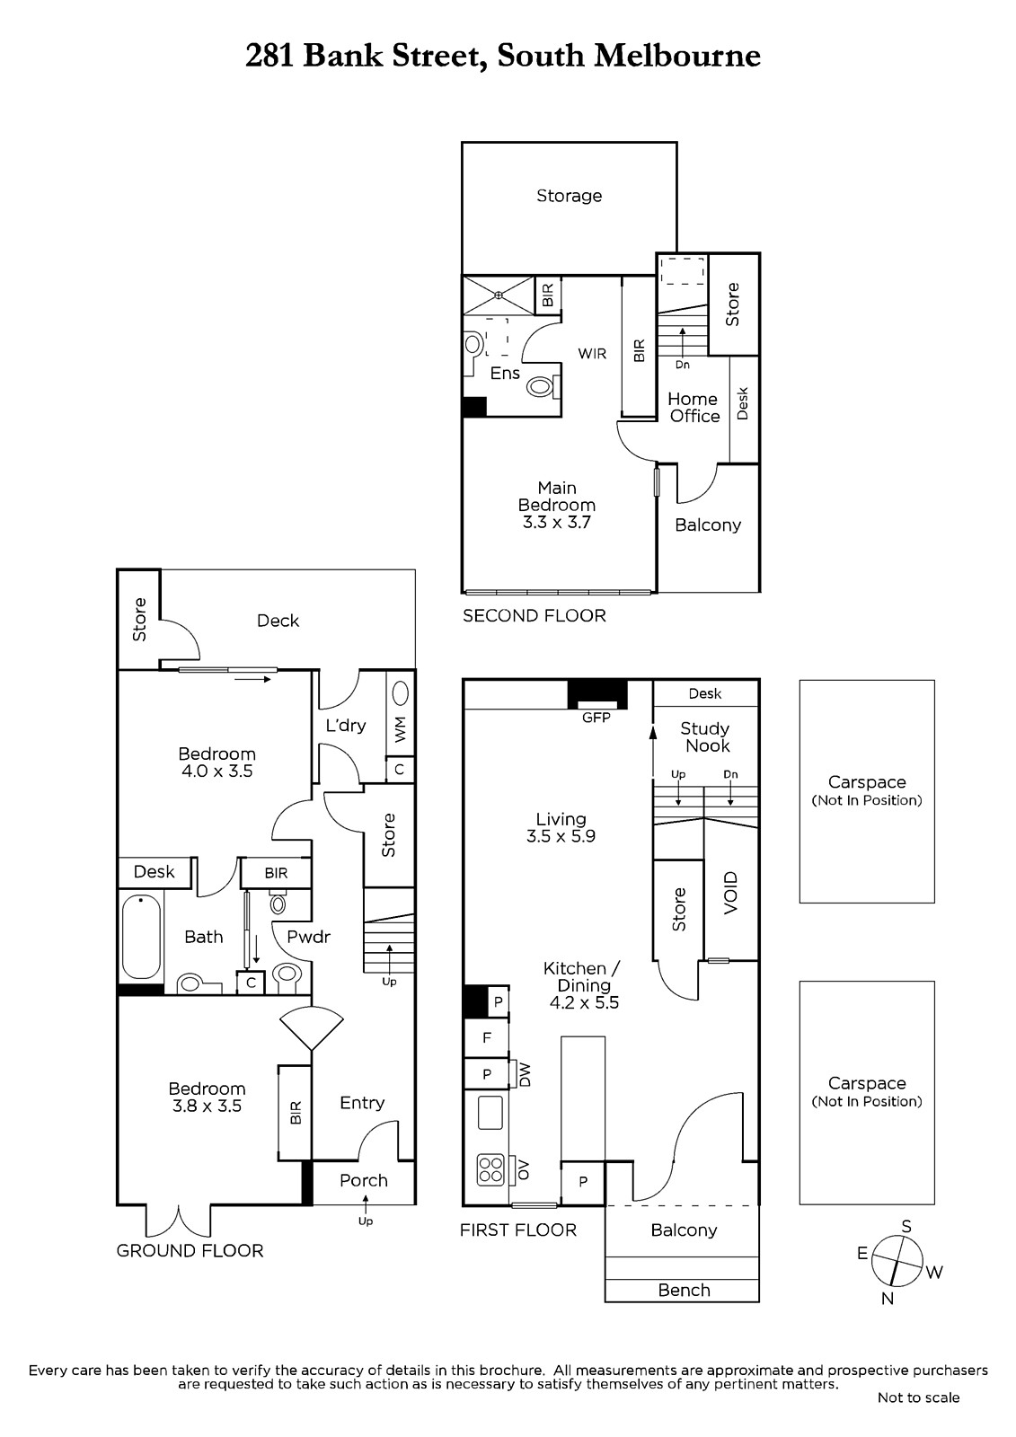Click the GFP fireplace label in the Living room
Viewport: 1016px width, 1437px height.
596,718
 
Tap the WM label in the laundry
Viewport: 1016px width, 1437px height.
401,729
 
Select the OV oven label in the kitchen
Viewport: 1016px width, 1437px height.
524,1170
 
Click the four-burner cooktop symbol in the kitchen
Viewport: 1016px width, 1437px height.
490,1168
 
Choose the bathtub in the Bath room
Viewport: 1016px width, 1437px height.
141,938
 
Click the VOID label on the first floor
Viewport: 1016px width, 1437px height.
730,893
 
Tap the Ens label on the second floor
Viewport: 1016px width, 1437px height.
505,374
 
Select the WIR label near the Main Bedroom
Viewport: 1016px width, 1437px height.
592,354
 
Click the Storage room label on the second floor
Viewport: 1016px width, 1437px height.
570,196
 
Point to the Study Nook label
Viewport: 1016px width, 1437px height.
705,737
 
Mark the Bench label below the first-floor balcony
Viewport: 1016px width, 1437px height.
684,1290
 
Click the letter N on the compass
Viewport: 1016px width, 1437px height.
888,1299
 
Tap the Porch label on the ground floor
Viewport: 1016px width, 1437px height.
363,1180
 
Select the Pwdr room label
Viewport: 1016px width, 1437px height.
308,937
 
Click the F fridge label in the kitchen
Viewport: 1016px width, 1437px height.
487,1037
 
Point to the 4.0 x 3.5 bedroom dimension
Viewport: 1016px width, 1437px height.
216,771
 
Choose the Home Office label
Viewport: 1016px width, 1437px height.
694,408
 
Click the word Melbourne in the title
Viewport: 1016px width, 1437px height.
677,56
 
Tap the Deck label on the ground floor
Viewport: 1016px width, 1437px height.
278,621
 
